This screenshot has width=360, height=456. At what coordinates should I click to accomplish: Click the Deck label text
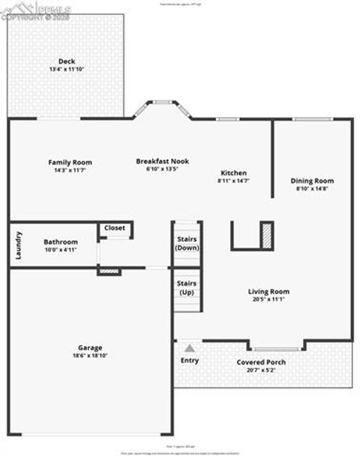point(67,61)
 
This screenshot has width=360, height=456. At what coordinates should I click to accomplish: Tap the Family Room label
point(70,162)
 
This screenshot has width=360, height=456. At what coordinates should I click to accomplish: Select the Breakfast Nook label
point(162,160)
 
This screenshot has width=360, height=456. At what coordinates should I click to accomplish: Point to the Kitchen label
point(233,172)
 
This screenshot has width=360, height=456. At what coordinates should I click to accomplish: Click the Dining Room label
point(312,181)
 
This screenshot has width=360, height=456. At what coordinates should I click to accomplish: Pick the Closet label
point(115,227)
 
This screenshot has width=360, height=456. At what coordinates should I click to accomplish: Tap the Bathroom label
point(60,241)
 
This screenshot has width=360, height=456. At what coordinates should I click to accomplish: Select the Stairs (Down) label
point(187,243)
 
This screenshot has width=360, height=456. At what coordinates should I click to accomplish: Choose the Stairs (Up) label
point(187,287)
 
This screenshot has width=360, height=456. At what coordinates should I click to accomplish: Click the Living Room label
point(268,292)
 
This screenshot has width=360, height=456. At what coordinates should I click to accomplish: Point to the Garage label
point(90,347)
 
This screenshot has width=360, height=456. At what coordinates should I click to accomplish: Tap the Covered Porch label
point(261,362)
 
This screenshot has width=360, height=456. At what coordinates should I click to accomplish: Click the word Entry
point(190,361)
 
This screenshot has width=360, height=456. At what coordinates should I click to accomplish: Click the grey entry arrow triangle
point(190,348)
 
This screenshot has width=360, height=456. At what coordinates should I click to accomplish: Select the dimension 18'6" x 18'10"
point(90,355)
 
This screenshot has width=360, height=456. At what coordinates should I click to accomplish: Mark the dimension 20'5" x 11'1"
point(268,299)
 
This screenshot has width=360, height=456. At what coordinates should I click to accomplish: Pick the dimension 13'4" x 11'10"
point(67,69)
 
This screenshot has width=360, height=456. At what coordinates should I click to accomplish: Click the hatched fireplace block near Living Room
point(265,235)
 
